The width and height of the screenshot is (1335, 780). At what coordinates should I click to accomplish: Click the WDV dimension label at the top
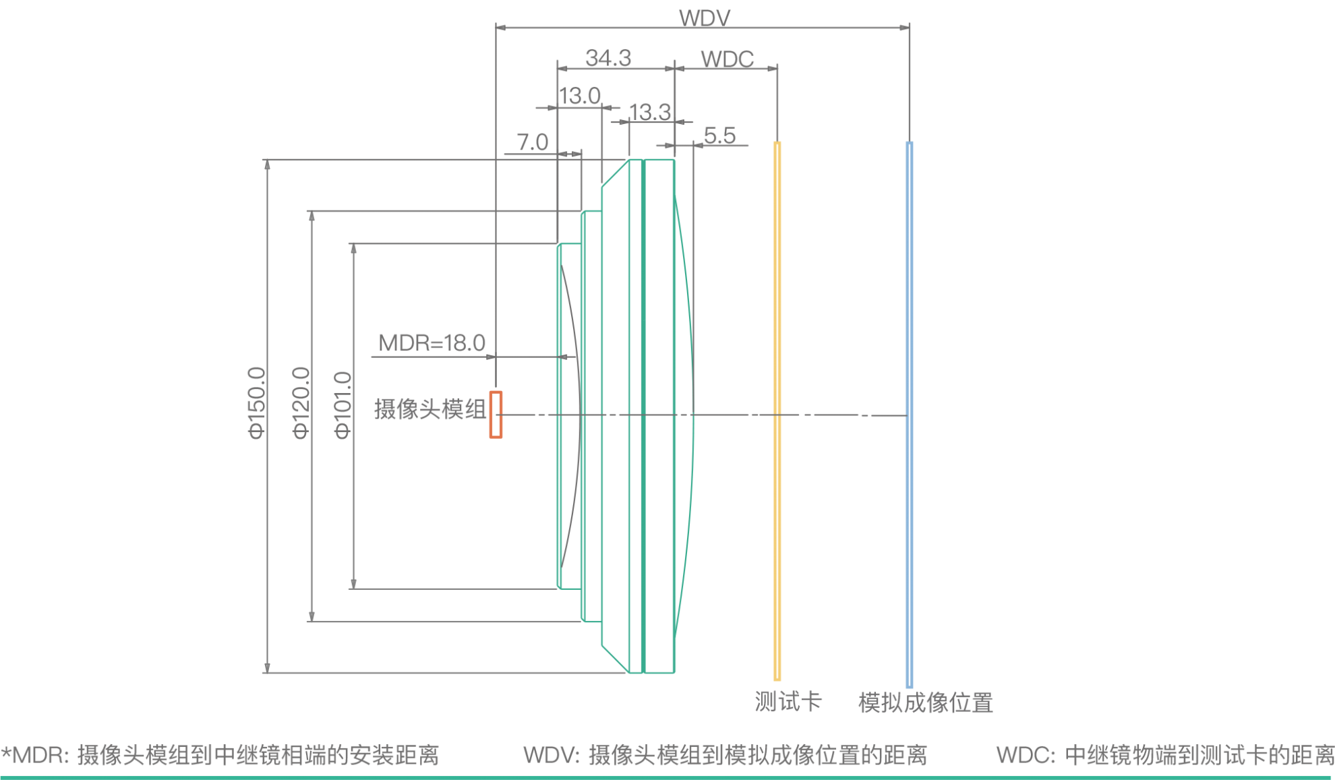pyautogui.click(x=704, y=17)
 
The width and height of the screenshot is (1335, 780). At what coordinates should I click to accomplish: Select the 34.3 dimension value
pyautogui.click(x=608, y=58)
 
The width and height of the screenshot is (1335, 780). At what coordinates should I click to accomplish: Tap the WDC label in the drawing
pyautogui.click(x=727, y=59)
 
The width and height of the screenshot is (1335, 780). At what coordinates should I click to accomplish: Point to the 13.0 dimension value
pyautogui.click(x=580, y=96)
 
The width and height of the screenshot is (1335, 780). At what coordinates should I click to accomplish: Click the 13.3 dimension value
pyautogui.click(x=650, y=112)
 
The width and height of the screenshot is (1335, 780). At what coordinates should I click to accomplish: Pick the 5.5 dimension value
pyautogui.click(x=719, y=136)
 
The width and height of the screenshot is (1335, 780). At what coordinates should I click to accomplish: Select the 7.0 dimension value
pyautogui.click(x=533, y=142)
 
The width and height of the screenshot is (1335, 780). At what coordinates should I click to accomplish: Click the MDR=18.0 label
pyautogui.click(x=432, y=343)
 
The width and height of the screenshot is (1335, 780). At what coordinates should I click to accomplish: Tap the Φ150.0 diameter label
pyautogui.click(x=258, y=403)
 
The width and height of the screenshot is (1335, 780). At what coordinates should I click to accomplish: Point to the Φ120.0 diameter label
pyautogui.click(x=301, y=403)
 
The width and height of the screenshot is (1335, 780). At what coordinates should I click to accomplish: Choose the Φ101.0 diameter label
pyautogui.click(x=343, y=404)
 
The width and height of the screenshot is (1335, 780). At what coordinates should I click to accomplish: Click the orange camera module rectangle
pyautogui.click(x=496, y=415)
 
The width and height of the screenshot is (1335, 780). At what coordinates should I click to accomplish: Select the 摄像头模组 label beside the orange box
pyautogui.click(x=429, y=409)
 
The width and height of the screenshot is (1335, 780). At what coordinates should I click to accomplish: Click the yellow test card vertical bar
pyautogui.click(x=777, y=411)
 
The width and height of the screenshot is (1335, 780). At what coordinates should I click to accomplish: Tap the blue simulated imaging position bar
pyautogui.click(x=910, y=415)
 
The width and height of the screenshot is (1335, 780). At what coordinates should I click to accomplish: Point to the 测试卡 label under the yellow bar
pyautogui.click(x=788, y=702)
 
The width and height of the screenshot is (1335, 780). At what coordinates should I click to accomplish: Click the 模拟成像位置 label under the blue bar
pyautogui.click(x=925, y=702)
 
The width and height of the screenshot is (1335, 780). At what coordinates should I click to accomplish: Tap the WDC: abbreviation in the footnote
pyautogui.click(x=1026, y=755)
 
